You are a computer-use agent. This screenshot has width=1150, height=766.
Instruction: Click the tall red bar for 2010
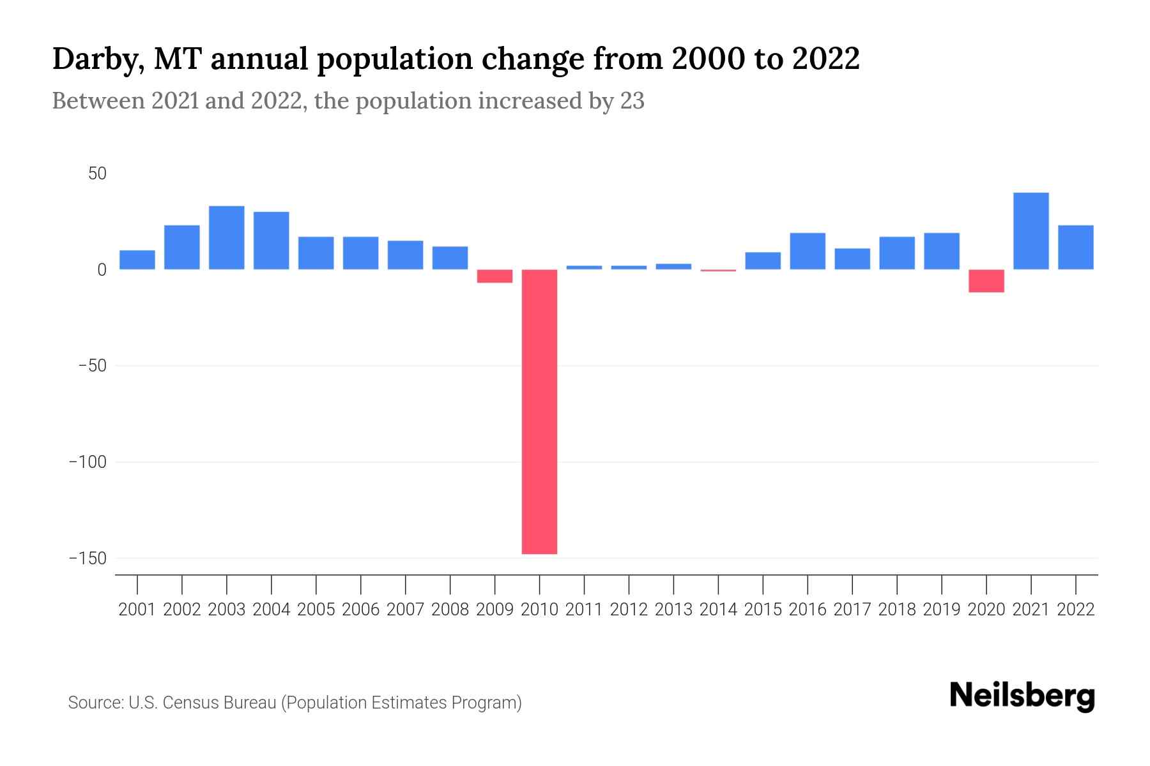coord(539,412)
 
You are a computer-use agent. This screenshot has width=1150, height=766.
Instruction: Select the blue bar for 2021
coord(1031,231)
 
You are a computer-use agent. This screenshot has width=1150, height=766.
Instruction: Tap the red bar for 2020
coord(986,281)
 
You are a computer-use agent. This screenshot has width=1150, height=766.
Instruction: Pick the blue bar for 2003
coord(227,237)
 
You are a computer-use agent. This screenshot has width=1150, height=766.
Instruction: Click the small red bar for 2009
coord(494,276)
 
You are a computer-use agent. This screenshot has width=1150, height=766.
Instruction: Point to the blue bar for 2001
coord(137,260)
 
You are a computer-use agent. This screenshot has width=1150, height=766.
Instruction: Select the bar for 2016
coord(808,251)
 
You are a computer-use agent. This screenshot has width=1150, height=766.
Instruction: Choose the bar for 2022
coord(1075,247)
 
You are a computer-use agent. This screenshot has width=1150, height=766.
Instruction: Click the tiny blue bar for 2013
coord(673,266)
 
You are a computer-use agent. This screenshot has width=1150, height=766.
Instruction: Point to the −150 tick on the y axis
coord(88,558)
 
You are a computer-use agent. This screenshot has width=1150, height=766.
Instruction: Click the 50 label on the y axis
coord(97,174)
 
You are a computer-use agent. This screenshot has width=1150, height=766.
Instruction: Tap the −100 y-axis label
coord(88,462)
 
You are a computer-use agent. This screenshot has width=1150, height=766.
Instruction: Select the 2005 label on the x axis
coord(316,610)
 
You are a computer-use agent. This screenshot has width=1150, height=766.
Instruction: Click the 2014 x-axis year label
coord(718,610)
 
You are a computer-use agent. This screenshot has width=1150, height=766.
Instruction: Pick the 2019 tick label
coord(941,610)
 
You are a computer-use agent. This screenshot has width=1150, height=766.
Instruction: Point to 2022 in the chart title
coord(825,59)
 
